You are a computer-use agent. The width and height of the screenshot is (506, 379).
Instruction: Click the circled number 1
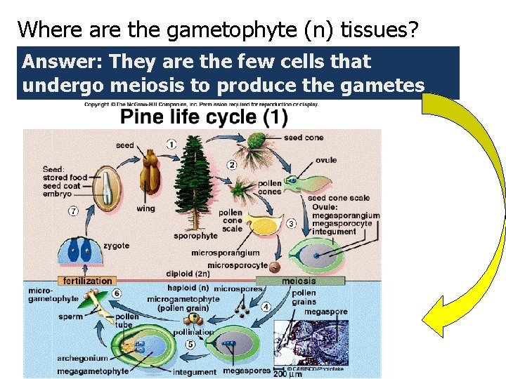(x=171, y=144)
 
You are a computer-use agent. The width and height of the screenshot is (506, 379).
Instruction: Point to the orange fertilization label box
(x=88, y=281)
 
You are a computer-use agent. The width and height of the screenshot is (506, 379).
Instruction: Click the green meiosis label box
(x=298, y=281)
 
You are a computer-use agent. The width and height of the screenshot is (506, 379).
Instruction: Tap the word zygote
(x=116, y=246)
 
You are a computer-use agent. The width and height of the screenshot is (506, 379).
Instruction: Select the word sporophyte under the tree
(x=195, y=237)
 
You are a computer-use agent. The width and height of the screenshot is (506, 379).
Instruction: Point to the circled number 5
(x=190, y=345)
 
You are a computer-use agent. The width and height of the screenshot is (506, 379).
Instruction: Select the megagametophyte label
(x=93, y=371)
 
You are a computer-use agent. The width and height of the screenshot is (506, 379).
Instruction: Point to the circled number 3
(x=291, y=224)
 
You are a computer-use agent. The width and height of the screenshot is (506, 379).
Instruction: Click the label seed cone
(x=304, y=138)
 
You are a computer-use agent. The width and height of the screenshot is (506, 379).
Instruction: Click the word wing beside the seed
(x=146, y=208)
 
